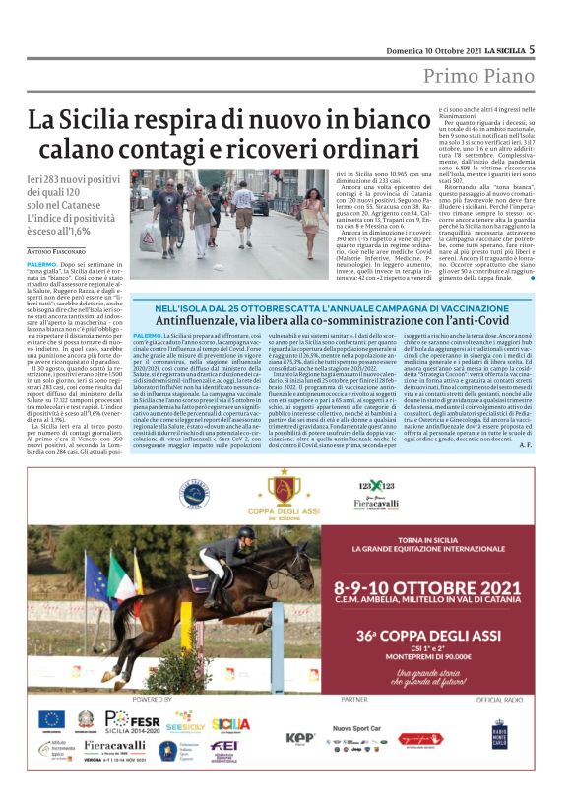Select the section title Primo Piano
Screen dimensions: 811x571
pos(478,76)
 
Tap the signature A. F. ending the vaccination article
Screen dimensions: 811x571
pos(525,445)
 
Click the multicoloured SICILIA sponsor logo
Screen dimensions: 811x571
pos(230,724)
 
